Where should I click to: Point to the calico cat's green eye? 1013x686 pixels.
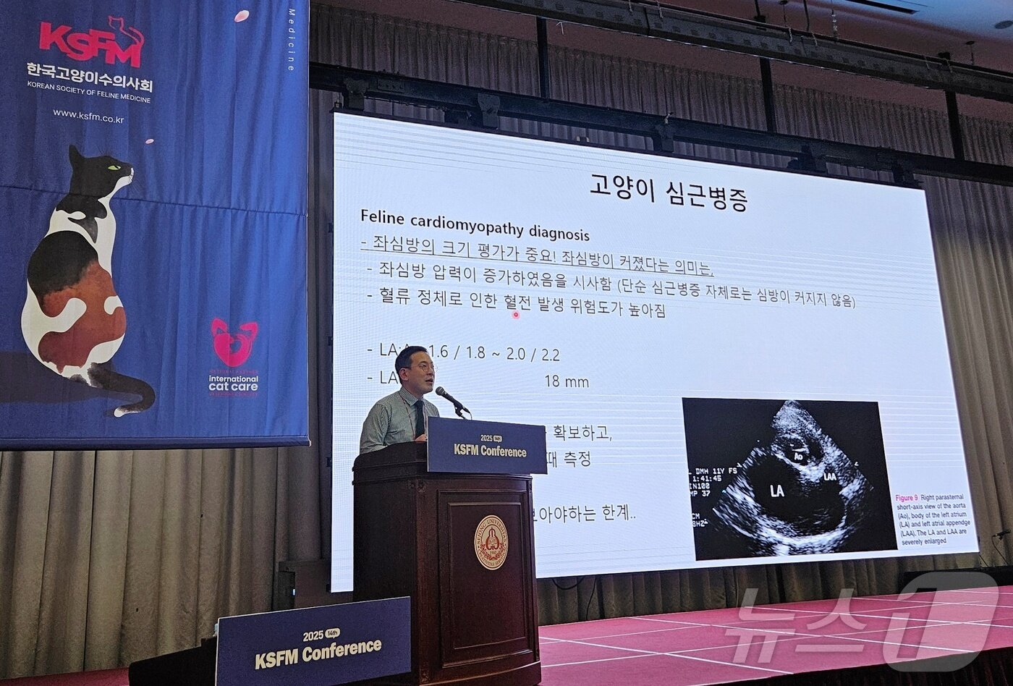tap(114, 168)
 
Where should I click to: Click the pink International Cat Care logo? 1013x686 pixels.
tap(234, 343)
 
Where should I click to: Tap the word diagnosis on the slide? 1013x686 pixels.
tap(559, 233)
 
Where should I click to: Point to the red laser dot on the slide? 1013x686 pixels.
tap(516, 315)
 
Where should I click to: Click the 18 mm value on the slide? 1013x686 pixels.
tap(567, 381)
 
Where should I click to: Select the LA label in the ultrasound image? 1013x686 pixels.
tap(776, 491)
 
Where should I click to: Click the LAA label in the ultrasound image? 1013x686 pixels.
tap(829, 476)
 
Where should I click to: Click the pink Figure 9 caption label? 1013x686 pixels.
tap(906, 498)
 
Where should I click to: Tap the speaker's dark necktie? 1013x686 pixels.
tap(420, 418)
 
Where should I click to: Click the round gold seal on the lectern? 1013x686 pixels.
tap(491, 542)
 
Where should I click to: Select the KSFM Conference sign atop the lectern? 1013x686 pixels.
tap(486, 446)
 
